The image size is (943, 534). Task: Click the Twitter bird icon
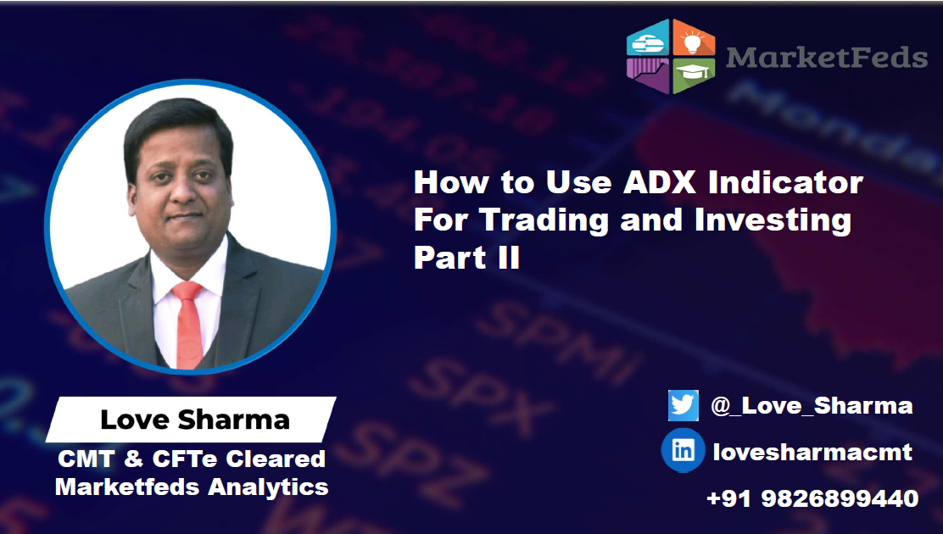pyautogui.click(x=683, y=405)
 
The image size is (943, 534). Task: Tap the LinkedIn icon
pyautogui.click(x=683, y=451)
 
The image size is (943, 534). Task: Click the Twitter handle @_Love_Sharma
pyautogui.click(x=812, y=406)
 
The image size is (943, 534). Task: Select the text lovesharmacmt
pyautogui.click(x=812, y=452)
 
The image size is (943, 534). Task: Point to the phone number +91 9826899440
pyautogui.click(x=812, y=498)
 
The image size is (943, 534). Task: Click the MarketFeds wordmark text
pyautogui.click(x=827, y=57)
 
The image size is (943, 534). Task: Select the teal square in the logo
pyautogui.click(x=647, y=38)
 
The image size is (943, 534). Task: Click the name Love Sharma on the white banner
pyautogui.click(x=195, y=419)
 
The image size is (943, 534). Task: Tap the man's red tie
pyautogui.click(x=187, y=322)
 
